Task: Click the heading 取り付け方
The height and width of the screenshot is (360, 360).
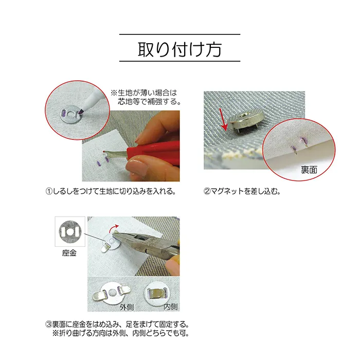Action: click(x=179, y=49)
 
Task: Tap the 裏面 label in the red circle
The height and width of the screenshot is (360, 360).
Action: click(x=309, y=170)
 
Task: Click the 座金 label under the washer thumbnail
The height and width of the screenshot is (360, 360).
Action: click(x=69, y=253)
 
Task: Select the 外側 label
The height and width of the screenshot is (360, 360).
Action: click(x=127, y=307)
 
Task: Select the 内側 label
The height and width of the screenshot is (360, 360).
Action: click(x=171, y=307)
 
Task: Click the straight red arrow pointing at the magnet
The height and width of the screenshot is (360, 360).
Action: click(x=223, y=119)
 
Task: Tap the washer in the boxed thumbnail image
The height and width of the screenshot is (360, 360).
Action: click(x=70, y=232)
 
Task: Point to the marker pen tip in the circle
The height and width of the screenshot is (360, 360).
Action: click(x=81, y=112)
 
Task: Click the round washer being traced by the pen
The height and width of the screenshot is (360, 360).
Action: click(x=71, y=114)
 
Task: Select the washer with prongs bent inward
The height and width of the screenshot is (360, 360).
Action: click(x=157, y=294)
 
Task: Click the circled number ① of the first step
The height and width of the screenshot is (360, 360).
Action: click(x=49, y=191)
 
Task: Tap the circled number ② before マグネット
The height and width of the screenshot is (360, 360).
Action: click(x=207, y=191)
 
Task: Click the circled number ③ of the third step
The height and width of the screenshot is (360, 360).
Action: click(x=49, y=325)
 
